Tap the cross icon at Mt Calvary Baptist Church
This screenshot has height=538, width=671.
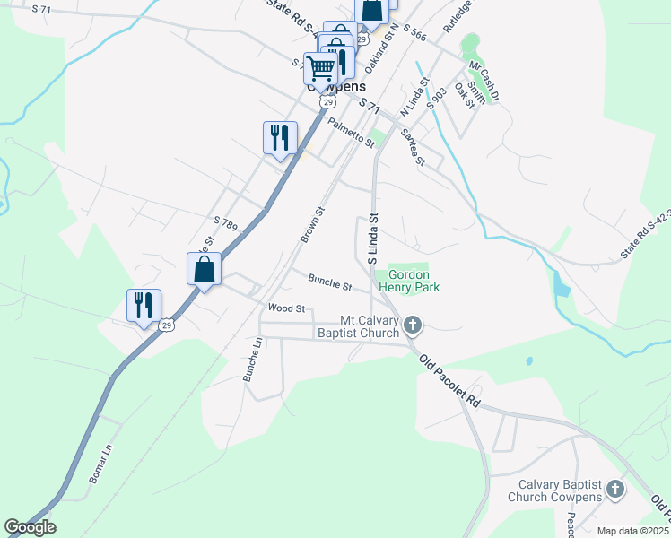pos(412,325)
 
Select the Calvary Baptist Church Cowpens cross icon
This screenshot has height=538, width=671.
pos(615,490)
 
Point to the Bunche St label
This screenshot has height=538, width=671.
pos(330,283)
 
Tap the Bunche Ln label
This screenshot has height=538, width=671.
pos(252,360)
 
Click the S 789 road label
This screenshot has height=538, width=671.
pos(225,224)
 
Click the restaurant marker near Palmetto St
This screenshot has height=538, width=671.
pos(280,137)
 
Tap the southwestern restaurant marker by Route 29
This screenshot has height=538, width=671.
pos(144,305)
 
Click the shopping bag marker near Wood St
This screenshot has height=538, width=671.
pos(205,268)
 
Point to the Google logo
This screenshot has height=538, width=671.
pos(30,527)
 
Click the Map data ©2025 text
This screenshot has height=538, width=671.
pos(632,531)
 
